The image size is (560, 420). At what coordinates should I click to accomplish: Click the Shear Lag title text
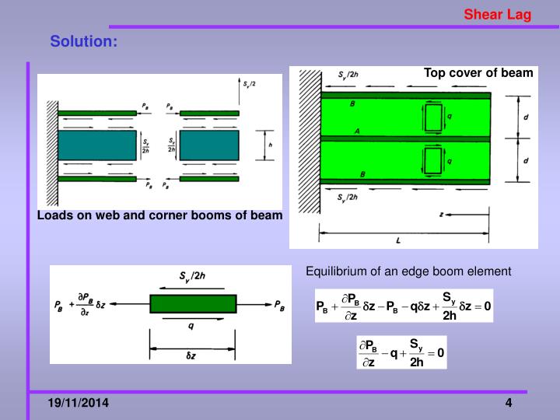pyautogui.click(x=498, y=14)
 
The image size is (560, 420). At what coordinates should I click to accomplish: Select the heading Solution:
pyautogui.click(x=84, y=41)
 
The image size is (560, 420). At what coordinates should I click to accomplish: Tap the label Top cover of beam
pyautogui.click(x=478, y=73)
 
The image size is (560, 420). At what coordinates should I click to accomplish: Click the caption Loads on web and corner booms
pyautogui.click(x=159, y=215)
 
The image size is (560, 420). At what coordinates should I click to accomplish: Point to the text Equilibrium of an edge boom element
pyautogui.click(x=408, y=271)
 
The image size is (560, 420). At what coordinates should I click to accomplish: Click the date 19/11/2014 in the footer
pyautogui.click(x=78, y=403)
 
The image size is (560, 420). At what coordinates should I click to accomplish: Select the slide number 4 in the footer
pyautogui.click(x=508, y=403)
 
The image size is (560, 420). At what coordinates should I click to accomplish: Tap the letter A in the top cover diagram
pyautogui.click(x=356, y=132)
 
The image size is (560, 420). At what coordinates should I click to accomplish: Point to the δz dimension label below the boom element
pyautogui.click(x=192, y=355)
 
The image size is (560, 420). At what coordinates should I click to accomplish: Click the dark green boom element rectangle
pyautogui.click(x=192, y=303)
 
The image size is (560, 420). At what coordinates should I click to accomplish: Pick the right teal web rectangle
pyautogui.click(x=209, y=145)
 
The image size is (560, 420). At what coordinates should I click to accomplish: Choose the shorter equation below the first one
pyautogui.click(x=401, y=353)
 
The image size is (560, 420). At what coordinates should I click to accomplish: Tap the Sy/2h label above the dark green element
pyautogui.click(x=193, y=276)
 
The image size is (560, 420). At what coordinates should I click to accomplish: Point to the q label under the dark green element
pyautogui.click(x=191, y=327)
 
